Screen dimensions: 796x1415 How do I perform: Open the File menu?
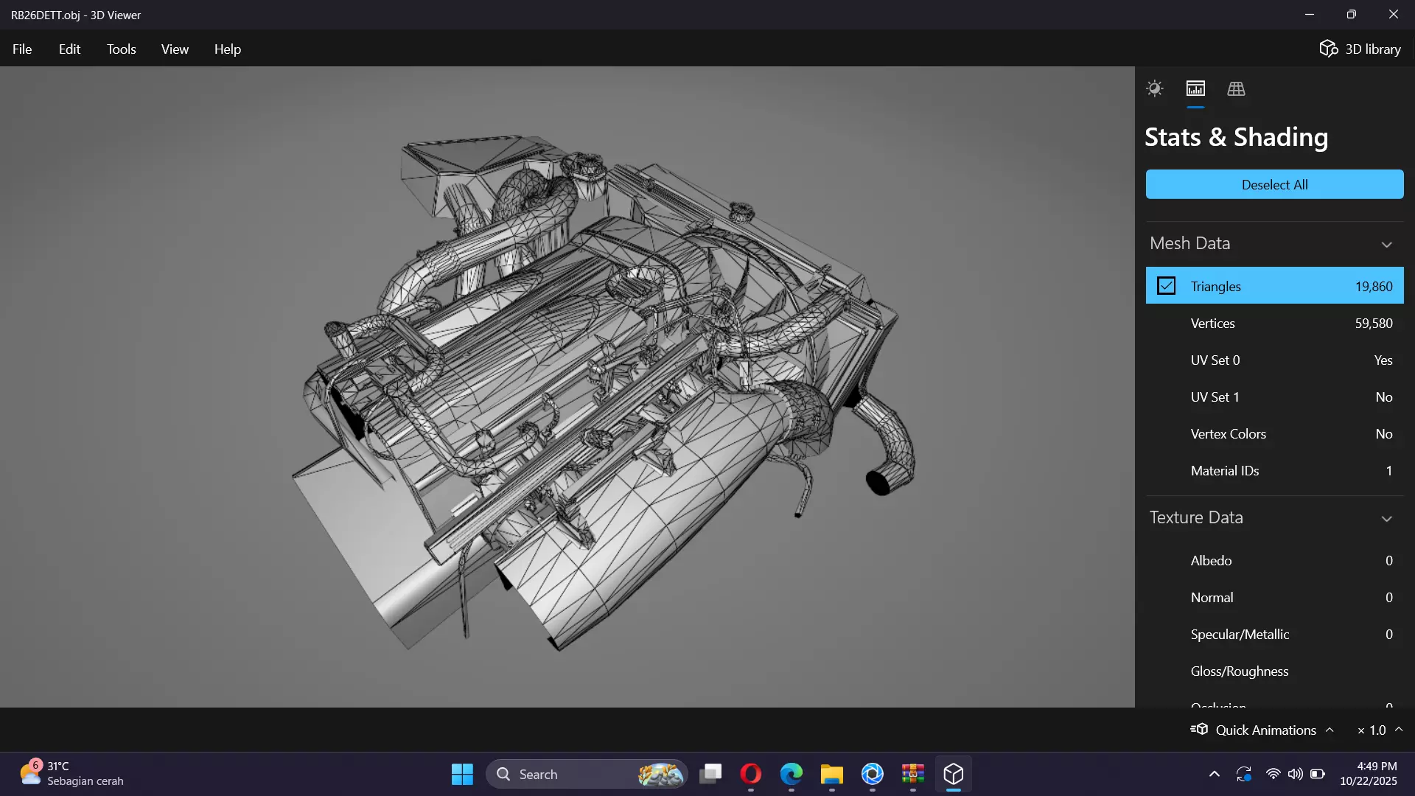[x=22, y=49]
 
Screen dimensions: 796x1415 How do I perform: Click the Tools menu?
[x=121, y=49]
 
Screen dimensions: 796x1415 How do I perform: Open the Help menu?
[x=227, y=49]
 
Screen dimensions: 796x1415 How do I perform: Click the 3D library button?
[x=1360, y=49]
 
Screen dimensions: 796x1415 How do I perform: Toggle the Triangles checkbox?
[x=1166, y=286]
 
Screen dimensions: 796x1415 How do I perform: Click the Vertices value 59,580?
[x=1373, y=324]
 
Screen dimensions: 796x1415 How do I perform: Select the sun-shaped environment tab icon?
[x=1154, y=89]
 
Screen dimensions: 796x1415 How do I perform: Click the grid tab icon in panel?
[x=1236, y=89]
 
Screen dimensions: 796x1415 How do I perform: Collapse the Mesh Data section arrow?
[x=1386, y=245]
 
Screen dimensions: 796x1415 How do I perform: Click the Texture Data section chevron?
[x=1386, y=519]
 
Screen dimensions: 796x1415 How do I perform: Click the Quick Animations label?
[x=1265, y=730]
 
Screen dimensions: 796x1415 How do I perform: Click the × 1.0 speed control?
[x=1372, y=730]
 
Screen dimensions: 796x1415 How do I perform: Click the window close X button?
[x=1393, y=15]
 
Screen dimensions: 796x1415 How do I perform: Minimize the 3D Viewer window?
[x=1310, y=15]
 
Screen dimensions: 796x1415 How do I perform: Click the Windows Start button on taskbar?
[x=462, y=775]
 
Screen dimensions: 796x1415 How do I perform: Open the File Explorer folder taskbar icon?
[x=831, y=775]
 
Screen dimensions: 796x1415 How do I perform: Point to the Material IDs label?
[x=1224, y=471]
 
